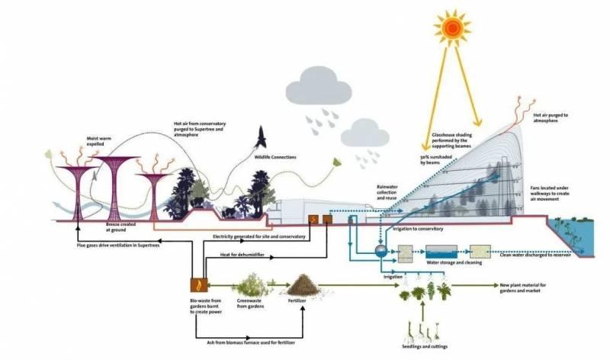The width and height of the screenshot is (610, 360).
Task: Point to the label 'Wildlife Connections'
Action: (x=275, y=157)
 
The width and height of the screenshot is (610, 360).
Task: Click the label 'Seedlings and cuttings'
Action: (x=425, y=343)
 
